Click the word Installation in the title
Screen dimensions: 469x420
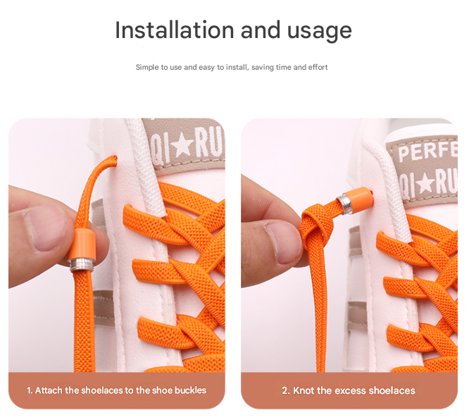click(175, 30)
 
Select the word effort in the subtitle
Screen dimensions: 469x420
click(318, 67)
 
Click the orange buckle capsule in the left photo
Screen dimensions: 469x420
click(82, 245)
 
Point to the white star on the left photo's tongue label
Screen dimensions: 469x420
click(183, 145)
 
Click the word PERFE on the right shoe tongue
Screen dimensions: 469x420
click(427, 152)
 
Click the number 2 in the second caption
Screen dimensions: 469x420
click(284, 390)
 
